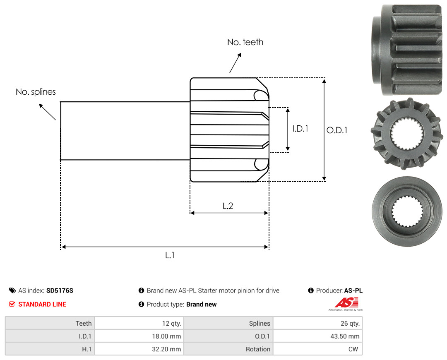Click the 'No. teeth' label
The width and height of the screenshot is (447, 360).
tap(245, 42)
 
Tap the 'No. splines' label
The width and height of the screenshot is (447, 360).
tap(36, 92)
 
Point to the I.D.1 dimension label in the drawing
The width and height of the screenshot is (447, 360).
tap(300, 129)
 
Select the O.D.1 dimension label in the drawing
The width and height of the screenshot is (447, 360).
tap(337, 130)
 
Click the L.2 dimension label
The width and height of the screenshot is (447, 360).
tap(228, 206)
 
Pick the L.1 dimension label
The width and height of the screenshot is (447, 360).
tap(170, 255)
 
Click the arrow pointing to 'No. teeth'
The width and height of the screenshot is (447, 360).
tap(235, 63)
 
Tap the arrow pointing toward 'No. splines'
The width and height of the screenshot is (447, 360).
tap(47, 112)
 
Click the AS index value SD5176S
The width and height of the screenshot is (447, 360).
tap(60, 290)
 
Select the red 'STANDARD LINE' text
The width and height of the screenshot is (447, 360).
tap(42, 305)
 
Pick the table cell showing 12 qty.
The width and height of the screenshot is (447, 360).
tap(139, 323)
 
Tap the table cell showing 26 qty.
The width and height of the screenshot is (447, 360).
tap(317, 323)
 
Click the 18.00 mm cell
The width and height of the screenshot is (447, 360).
tap(139, 336)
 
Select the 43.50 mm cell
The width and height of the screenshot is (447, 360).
tap(317, 336)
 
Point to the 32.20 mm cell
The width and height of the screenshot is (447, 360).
tap(139, 349)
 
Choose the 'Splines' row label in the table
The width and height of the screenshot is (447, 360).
tap(260, 323)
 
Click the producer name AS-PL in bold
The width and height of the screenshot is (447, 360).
tap(353, 290)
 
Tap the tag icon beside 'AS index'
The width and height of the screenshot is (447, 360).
tap(12, 290)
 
